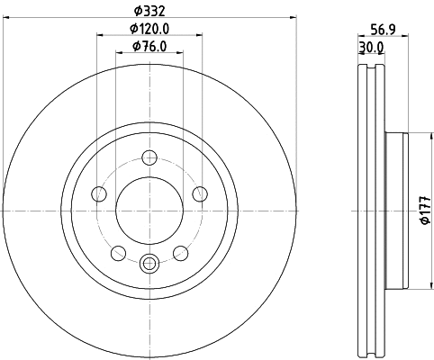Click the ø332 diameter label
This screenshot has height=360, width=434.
point(149,10)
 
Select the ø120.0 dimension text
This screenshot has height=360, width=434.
point(149,29)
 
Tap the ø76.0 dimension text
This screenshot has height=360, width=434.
point(149,47)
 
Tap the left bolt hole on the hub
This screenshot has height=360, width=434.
point(100,194)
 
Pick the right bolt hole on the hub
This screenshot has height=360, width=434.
point(199,194)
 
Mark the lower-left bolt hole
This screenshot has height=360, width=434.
point(119,253)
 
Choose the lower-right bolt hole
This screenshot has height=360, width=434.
point(180,253)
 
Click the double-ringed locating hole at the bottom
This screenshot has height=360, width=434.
point(149,263)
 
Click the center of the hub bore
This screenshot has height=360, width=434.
point(149,211)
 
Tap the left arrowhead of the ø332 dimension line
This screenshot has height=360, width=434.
point(7,20)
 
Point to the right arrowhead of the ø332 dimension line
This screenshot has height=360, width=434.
point(292,20)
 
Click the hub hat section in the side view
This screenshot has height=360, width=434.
point(397,211)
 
